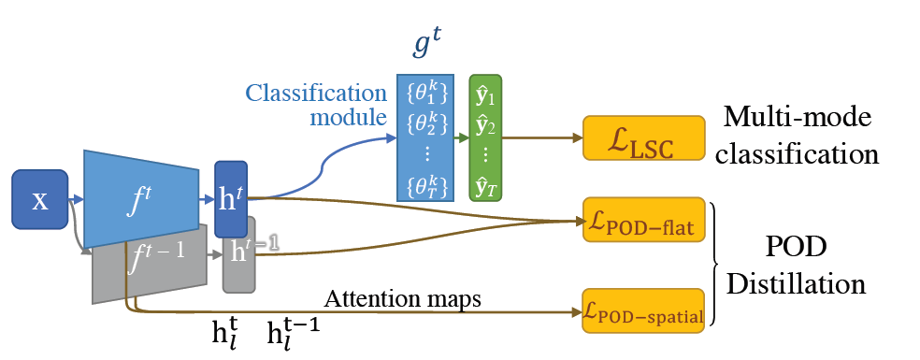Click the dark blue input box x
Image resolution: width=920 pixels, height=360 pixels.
(39, 200)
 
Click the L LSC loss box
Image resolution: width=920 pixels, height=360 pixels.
(642, 137)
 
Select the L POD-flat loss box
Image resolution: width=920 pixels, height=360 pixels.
(642, 221)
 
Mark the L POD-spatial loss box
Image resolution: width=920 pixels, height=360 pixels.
(642, 312)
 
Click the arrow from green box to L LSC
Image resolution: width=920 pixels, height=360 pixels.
(542, 137)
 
